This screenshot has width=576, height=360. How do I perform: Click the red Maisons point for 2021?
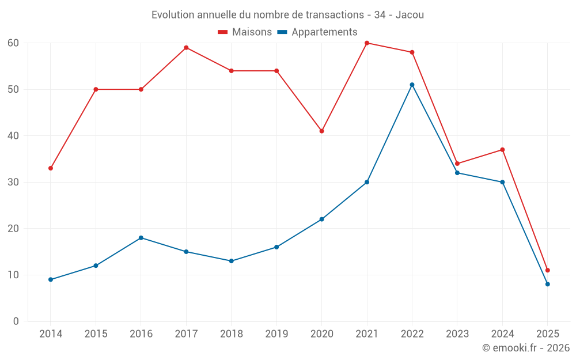coord(367,43)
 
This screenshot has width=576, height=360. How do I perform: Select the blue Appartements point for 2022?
coord(412,85)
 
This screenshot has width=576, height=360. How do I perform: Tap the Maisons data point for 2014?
coord(51,168)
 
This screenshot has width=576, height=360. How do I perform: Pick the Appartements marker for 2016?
coord(141,238)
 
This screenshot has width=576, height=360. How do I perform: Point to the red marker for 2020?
coord(321,131)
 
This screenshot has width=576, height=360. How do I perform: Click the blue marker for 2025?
coord(547,284)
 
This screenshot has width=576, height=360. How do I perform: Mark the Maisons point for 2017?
coord(186,48)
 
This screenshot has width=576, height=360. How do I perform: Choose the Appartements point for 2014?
coord(51,279)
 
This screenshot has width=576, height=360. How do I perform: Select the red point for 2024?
coord(502,150)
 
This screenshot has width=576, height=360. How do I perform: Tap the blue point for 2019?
coord(276,247)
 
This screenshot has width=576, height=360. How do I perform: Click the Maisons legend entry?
coord(245,32)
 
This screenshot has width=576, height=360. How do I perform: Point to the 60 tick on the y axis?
coord(13,43)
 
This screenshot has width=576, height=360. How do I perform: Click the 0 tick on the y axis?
coord(16,321)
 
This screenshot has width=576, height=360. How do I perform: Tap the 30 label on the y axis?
coord(13,182)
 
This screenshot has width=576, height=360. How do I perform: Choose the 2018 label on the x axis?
coord(231,334)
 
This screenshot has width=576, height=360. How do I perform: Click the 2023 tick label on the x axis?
coord(457,334)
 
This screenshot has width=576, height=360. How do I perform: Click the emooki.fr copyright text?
coord(526,348)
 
